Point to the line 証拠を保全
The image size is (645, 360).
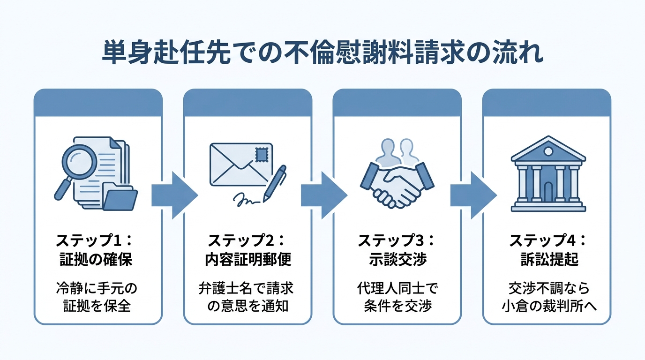98,306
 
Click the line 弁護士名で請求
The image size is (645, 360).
247,287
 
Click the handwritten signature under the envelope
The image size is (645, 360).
247,201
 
